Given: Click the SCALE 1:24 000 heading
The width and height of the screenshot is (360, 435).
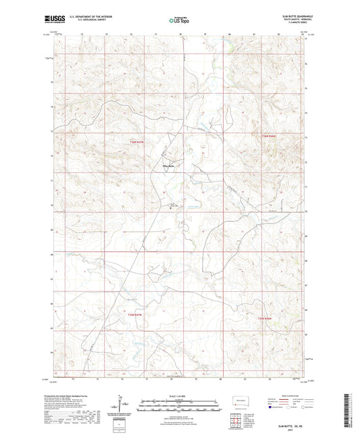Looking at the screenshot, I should [180, 395].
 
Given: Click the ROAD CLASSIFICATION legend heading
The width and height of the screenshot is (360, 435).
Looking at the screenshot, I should [287, 396].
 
